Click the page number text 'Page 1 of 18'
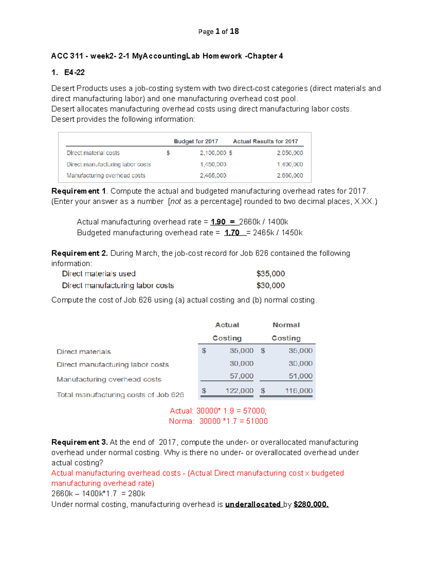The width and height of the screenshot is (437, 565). [x=219, y=32]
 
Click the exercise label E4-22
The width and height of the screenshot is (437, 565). [x=74, y=72]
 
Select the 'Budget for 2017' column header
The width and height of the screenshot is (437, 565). [x=196, y=141]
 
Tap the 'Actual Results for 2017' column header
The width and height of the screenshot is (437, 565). [x=265, y=141]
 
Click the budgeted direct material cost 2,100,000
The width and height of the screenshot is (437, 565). [x=213, y=153]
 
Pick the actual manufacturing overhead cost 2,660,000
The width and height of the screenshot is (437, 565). [x=290, y=175]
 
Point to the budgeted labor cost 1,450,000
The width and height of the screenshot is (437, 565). [x=213, y=164]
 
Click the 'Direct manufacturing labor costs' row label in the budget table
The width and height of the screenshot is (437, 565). [x=109, y=164]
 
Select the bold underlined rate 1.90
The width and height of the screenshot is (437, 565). [x=218, y=222]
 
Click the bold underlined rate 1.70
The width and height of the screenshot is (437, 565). [x=232, y=233]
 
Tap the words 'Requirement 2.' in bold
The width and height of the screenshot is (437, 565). [x=79, y=253]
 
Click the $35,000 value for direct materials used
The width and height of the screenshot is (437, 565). [x=271, y=274]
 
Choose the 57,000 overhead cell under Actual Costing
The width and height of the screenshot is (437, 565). [x=241, y=376]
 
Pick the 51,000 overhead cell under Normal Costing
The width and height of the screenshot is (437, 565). [x=300, y=376]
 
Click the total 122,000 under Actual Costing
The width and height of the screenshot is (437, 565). [x=239, y=390]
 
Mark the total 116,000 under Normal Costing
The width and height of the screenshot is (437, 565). [x=299, y=390]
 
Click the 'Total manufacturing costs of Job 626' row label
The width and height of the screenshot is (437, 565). [x=120, y=395]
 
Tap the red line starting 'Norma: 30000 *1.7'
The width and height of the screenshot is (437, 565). [x=218, y=421]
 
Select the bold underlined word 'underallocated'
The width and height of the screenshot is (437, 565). [x=253, y=504]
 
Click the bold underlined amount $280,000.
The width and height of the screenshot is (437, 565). [x=311, y=504]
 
